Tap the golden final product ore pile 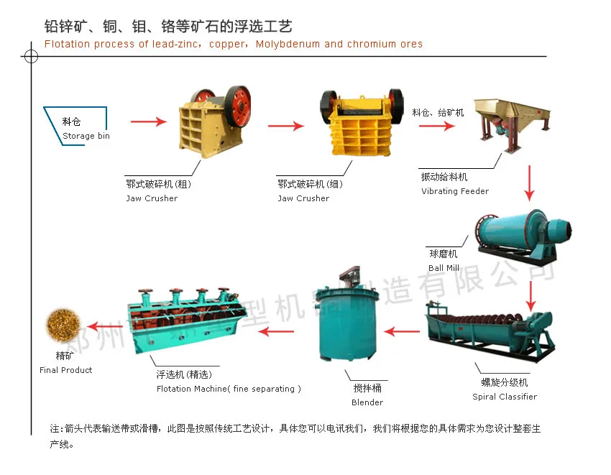pos(65,324)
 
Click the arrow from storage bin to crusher pos(148,122)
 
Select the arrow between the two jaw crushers pos(286,126)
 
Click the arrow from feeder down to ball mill pos(530,183)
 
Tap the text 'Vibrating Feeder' pos(454,192)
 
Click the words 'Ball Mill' pos(444,268)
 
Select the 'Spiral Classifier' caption pos(504,397)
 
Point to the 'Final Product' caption pos(66,370)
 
